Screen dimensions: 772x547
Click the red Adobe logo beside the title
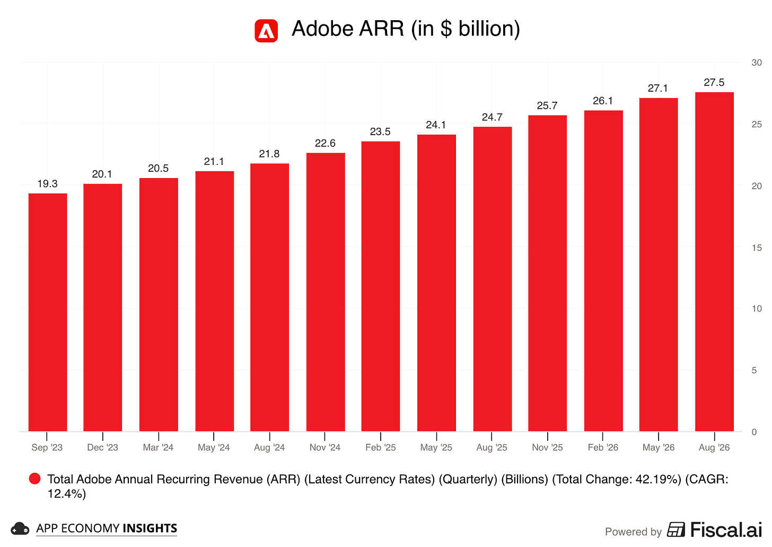tap(266, 31)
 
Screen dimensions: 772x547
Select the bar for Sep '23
tap(48, 312)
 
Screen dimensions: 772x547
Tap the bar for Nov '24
tap(326, 292)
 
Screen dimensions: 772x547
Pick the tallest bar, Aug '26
tap(714, 262)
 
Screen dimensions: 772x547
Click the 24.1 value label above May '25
tap(436, 125)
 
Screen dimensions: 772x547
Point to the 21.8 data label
tap(269, 154)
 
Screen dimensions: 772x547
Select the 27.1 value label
tap(658, 88)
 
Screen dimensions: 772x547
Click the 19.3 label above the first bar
tap(48, 183)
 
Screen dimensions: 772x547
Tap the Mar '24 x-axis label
tap(158, 447)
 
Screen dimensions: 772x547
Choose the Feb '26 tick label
tap(603, 447)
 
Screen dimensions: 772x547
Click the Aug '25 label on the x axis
tap(492, 447)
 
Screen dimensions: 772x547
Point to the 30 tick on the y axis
tap(757, 63)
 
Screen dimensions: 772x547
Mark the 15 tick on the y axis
tap(757, 248)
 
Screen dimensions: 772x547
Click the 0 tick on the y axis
tap(754, 432)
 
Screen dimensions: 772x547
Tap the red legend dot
tap(35, 479)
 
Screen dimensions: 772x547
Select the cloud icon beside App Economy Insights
tap(20, 529)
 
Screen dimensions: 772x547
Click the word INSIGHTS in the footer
tap(150, 528)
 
